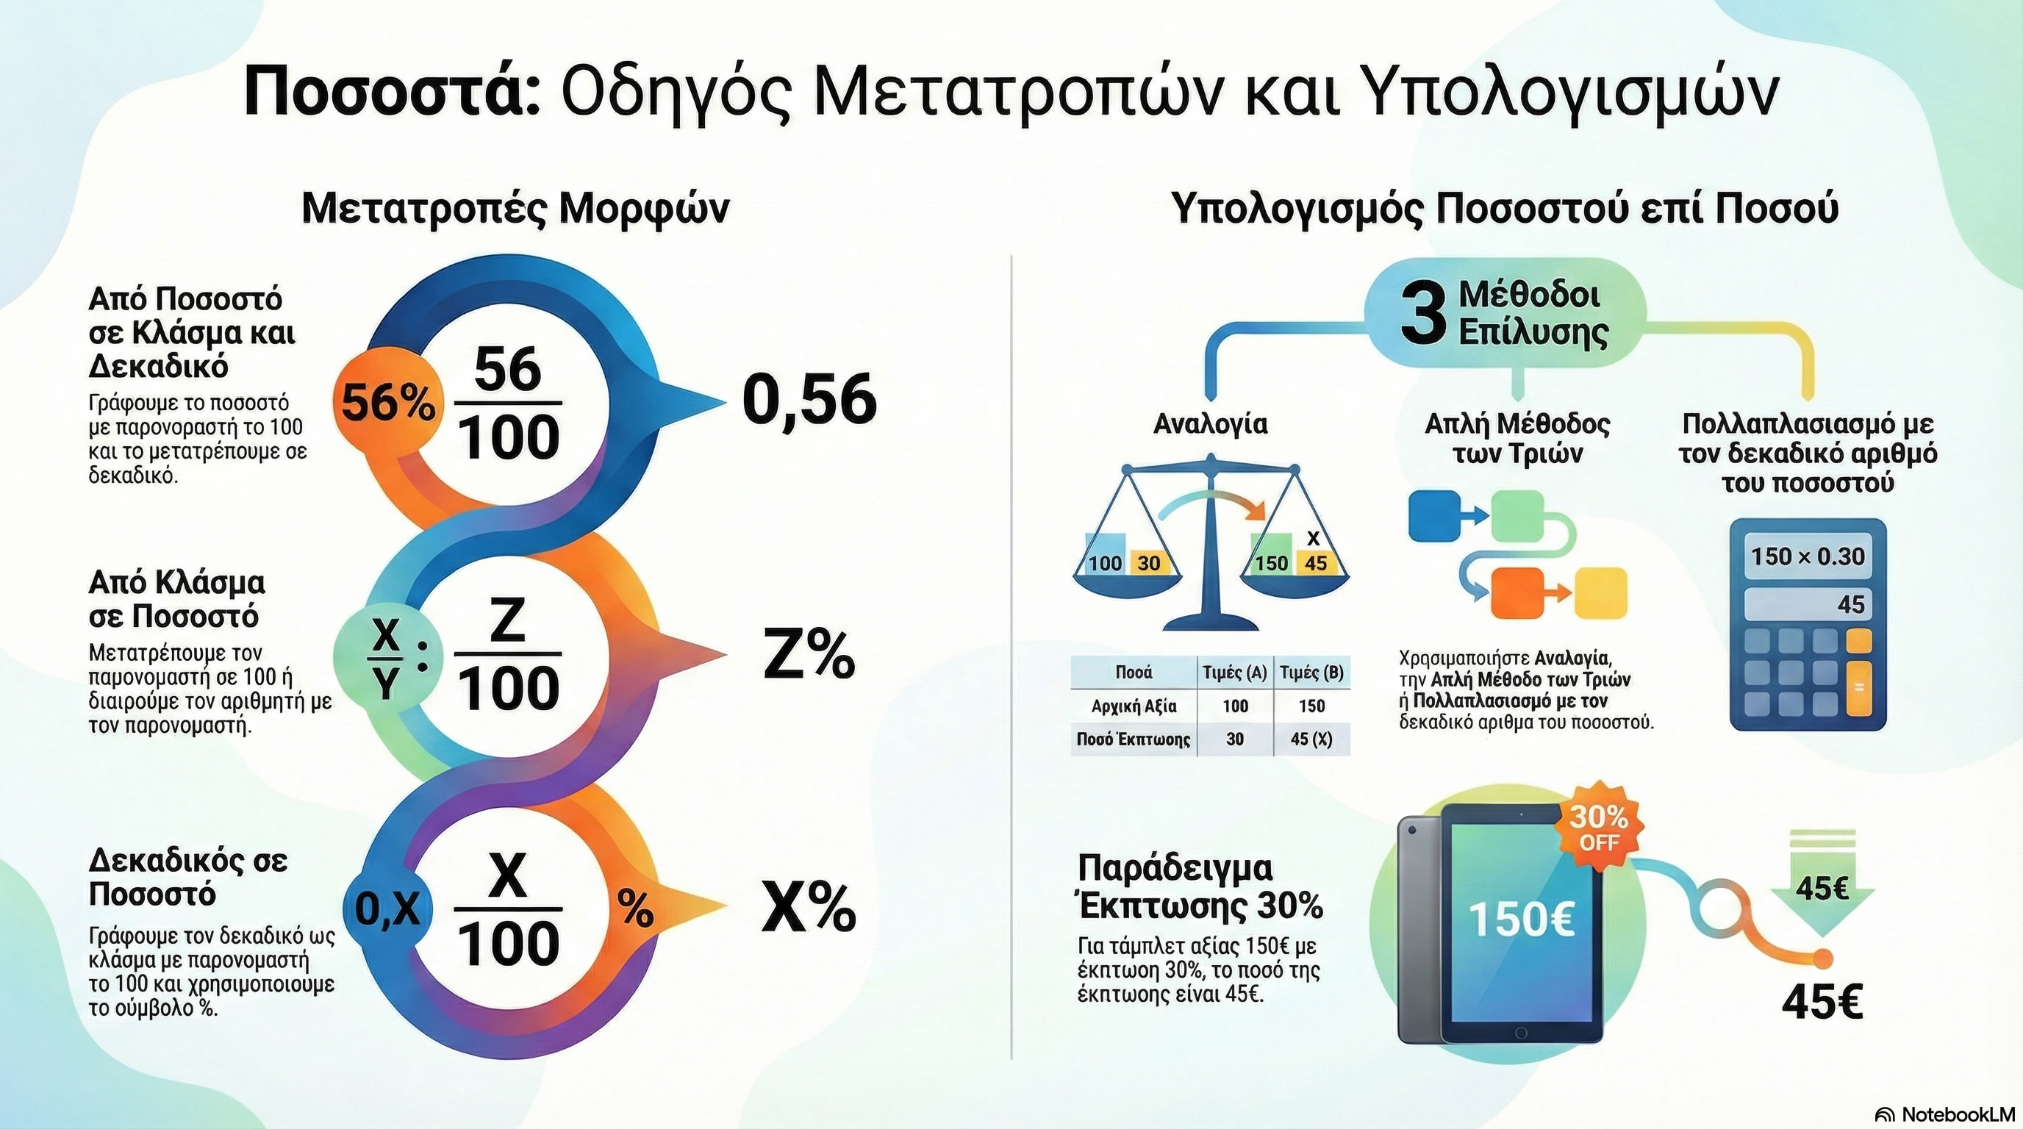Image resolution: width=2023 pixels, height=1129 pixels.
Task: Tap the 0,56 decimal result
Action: [x=809, y=401]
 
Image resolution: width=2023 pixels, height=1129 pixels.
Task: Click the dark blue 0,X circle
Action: [x=387, y=908]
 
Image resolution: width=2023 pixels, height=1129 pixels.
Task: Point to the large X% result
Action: [x=809, y=908]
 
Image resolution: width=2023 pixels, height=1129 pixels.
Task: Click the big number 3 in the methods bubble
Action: [x=1422, y=315]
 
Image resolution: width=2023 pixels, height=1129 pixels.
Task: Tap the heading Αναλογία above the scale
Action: [x=1210, y=424]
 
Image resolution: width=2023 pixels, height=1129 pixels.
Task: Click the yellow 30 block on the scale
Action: [x=1148, y=562]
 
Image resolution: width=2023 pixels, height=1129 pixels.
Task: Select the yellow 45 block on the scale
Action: [x=1315, y=562]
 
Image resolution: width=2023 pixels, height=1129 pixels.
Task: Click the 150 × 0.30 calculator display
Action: [x=1807, y=556]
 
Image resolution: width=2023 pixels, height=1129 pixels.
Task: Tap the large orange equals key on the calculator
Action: [x=1858, y=689]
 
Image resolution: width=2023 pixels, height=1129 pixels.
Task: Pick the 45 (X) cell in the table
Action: [x=1311, y=739]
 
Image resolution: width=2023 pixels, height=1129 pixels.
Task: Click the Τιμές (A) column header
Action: [x=1234, y=673]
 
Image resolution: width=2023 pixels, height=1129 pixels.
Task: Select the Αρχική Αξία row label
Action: [x=1134, y=706]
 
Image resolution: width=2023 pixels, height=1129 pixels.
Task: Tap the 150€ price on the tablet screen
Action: [x=1521, y=919]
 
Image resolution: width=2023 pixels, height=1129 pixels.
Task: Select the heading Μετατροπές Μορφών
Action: [x=515, y=209]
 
